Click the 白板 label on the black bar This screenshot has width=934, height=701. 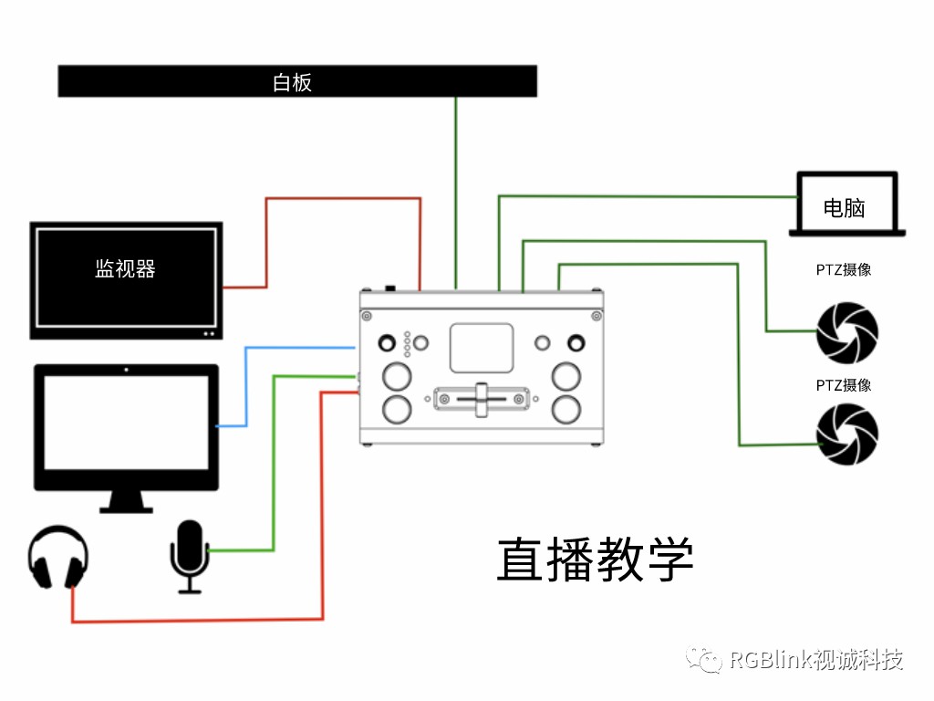tap(293, 82)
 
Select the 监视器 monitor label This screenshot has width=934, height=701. tap(125, 268)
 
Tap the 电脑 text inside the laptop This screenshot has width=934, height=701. tap(844, 208)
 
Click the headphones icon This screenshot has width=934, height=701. tap(58, 557)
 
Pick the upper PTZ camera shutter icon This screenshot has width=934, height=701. tap(847, 332)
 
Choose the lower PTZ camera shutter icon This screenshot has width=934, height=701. tap(847, 434)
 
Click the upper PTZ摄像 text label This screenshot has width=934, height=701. tap(843, 270)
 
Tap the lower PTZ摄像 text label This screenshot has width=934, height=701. tap(843, 385)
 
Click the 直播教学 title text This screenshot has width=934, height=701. tap(595, 559)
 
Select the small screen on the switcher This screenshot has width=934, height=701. tap(482, 348)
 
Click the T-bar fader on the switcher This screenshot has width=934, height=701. tap(482, 399)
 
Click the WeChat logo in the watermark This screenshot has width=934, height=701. tap(704, 659)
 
